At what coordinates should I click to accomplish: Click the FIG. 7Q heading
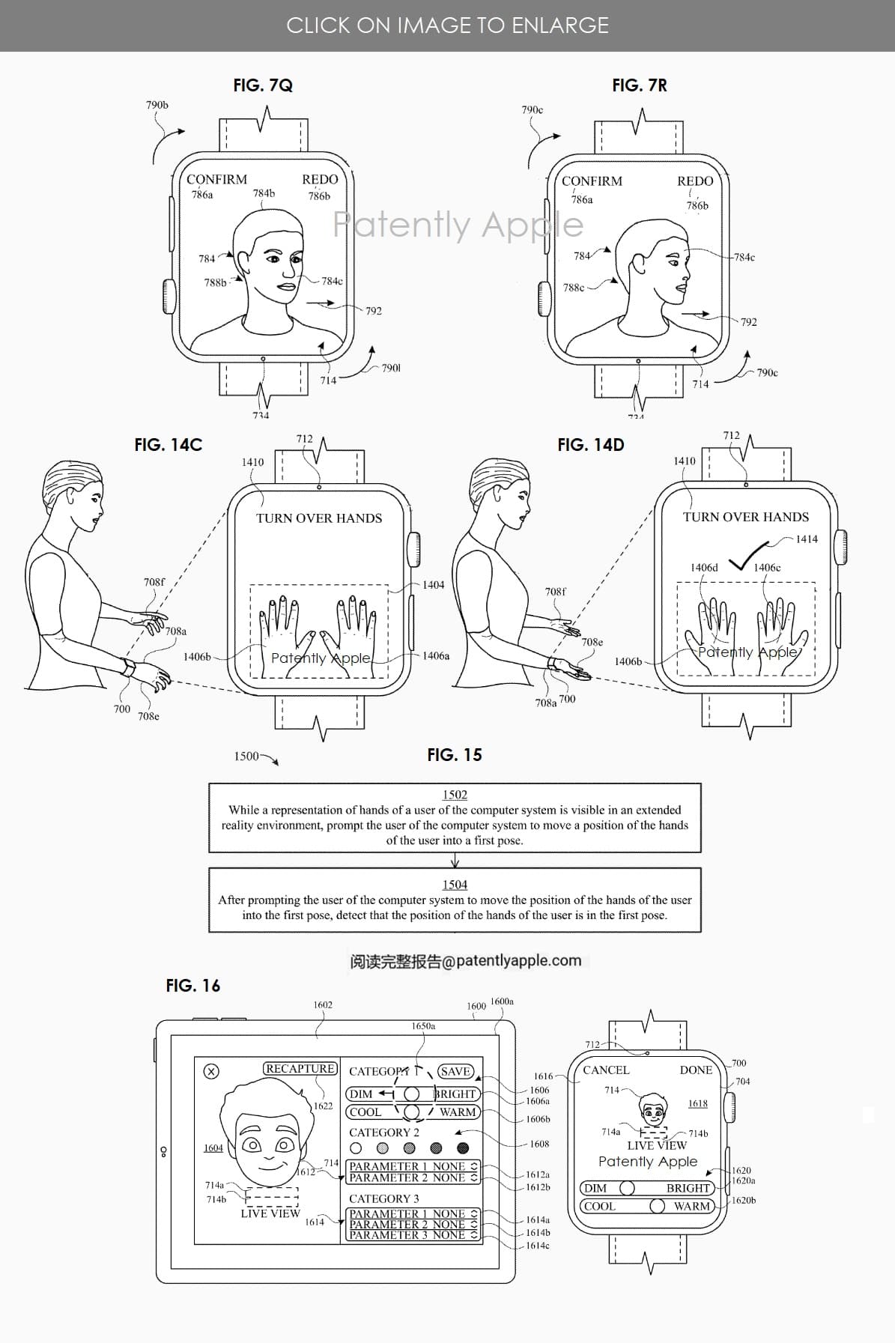pyautogui.click(x=263, y=85)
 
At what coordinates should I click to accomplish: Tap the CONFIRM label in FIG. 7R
pyautogui.click(x=592, y=181)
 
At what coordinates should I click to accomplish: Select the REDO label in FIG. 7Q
pyautogui.click(x=320, y=180)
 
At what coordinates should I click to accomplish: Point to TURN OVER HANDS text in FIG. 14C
pyautogui.click(x=319, y=518)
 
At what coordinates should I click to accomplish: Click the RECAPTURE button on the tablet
pyautogui.click(x=300, y=1069)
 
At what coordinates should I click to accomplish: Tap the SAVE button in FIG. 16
pyautogui.click(x=455, y=1072)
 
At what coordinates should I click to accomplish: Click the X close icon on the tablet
pyautogui.click(x=211, y=1072)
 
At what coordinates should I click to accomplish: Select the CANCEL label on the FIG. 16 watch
pyautogui.click(x=606, y=1070)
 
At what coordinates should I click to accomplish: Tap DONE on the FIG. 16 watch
pyautogui.click(x=696, y=1070)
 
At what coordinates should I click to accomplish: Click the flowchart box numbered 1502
pyautogui.click(x=455, y=818)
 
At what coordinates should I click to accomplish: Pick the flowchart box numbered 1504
pyautogui.click(x=455, y=900)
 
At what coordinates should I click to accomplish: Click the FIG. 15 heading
pyautogui.click(x=455, y=755)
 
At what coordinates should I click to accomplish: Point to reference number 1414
pyautogui.click(x=807, y=539)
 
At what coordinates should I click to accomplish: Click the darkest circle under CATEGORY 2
pyautogui.click(x=463, y=1148)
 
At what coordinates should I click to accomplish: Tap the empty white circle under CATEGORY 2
pyautogui.click(x=356, y=1148)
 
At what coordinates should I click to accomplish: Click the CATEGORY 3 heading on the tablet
pyautogui.click(x=384, y=1198)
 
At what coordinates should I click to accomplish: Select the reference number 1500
pyautogui.click(x=246, y=757)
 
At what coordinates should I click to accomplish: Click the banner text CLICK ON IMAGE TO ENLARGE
pyautogui.click(x=447, y=25)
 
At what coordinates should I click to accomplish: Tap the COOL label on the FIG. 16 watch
pyautogui.click(x=599, y=1207)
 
